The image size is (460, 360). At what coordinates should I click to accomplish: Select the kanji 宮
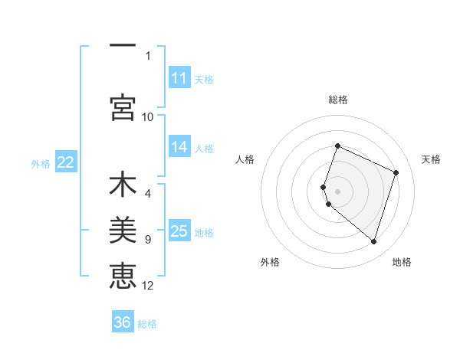(x=123, y=107)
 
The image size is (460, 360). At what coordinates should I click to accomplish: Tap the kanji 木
(x=123, y=185)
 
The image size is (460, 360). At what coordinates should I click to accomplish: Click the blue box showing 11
(x=179, y=78)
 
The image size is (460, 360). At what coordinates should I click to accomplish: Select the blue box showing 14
(x=179, y=148)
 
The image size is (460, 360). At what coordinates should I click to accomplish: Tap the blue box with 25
(x=179, y=231)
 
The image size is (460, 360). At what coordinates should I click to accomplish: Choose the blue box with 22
(x=66, y=162)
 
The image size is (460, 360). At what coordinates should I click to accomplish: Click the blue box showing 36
(x=123, y=322)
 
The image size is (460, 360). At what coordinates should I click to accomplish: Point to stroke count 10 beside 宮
(x=148, y=116)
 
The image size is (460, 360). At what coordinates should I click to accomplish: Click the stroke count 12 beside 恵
(x=148, y=286)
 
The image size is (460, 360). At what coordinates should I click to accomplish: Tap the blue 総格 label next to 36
(x=147, y=324)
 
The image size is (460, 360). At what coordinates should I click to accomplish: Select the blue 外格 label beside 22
(x=41, y=163)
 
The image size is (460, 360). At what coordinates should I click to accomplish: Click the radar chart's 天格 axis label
(x=431, y=159)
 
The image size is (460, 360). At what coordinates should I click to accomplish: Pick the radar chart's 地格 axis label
(x=402, y=262)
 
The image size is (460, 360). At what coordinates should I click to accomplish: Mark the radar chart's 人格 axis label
(x=245, y=159)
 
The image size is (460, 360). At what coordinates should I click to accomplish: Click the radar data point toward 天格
(x=396, y=172)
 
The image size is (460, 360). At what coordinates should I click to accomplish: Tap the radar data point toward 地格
(x=373, y=242)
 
